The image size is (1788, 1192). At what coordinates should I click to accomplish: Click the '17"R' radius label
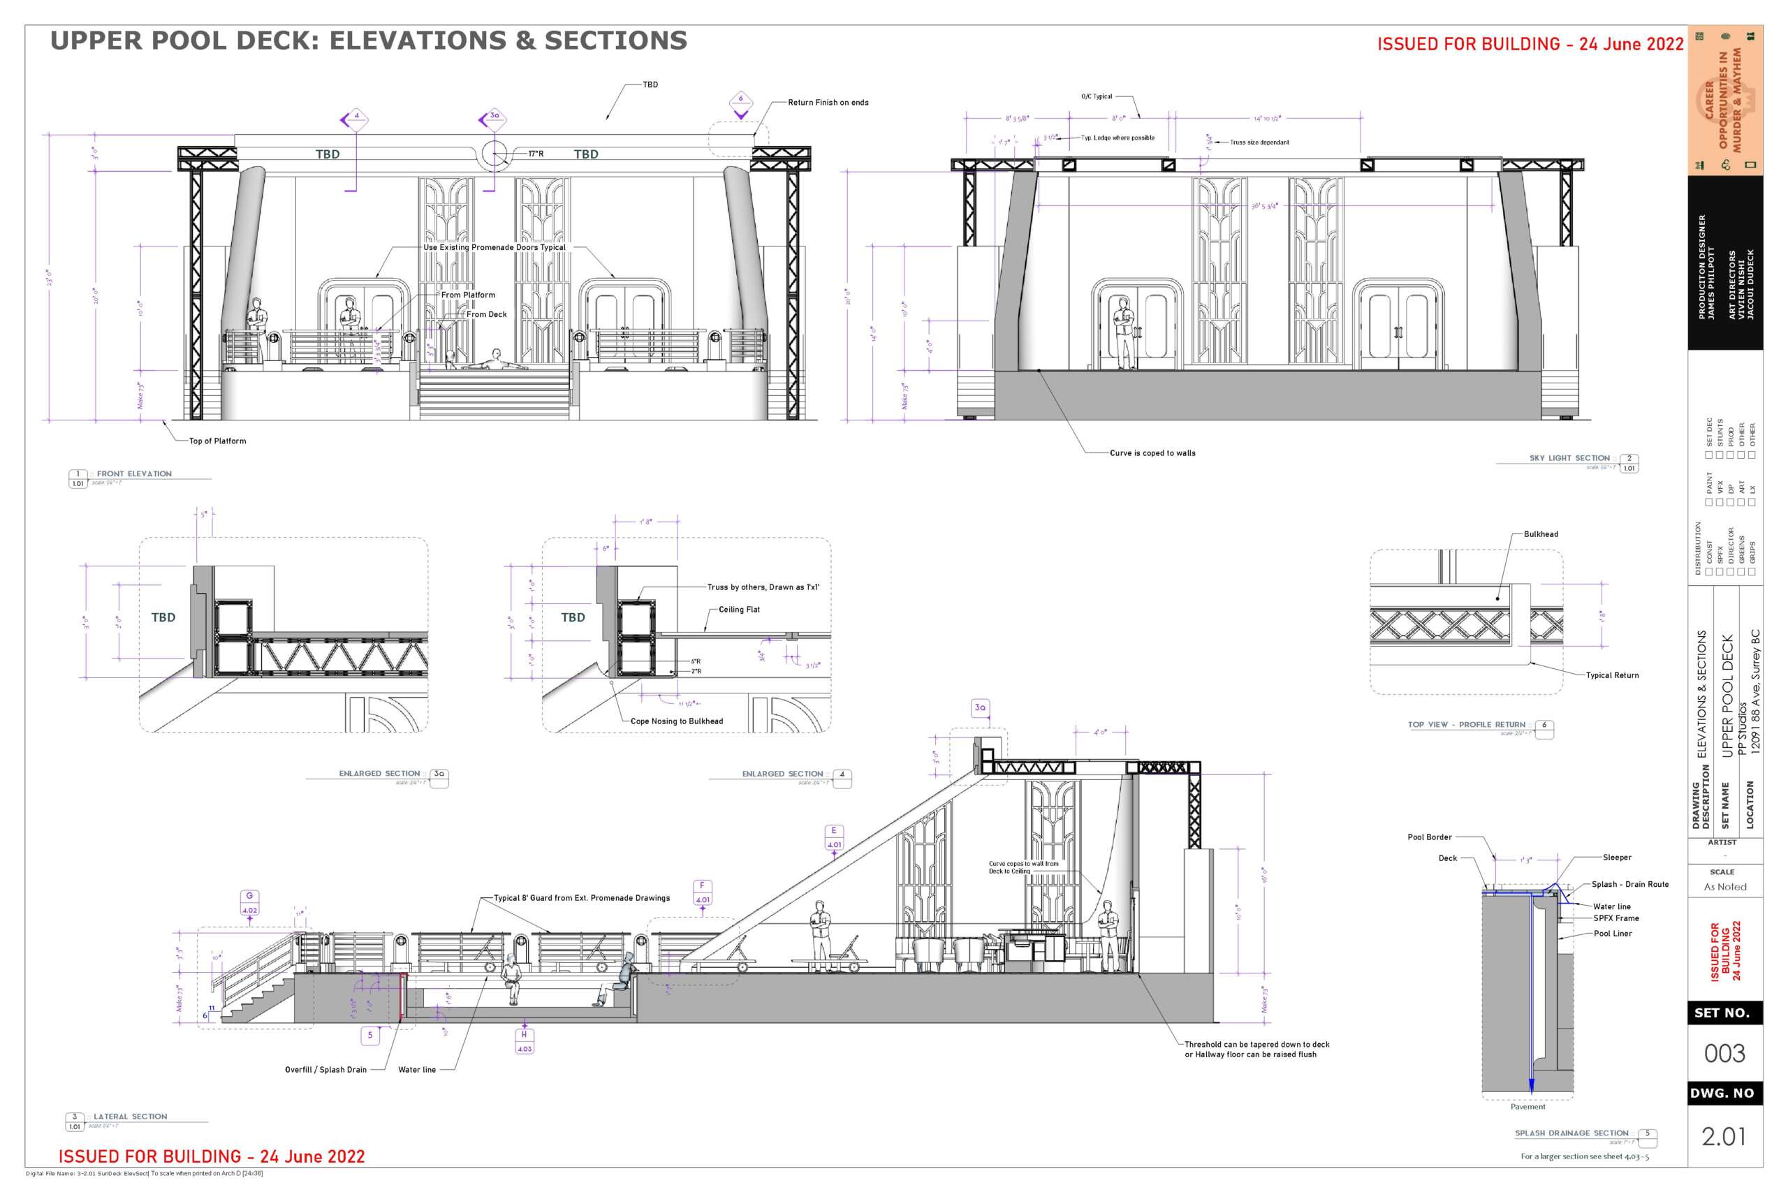click(536, 154)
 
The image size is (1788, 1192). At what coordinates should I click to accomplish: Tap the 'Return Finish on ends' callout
click(828, 103)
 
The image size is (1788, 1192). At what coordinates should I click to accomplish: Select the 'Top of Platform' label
click(217, 441)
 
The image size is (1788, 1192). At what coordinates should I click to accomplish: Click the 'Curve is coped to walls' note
click(1152, 453)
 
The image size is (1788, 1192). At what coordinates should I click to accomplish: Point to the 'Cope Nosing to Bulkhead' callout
click(677, 721)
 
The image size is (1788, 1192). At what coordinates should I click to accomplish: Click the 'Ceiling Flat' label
click(739, 610)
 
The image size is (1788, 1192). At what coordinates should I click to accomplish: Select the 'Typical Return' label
click(1611, 675)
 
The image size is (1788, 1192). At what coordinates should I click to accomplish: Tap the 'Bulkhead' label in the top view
click(1541, 534)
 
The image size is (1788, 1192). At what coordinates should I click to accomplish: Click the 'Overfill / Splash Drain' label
click(325, 1070)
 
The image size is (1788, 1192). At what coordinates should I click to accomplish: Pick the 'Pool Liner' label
click(1613, 934)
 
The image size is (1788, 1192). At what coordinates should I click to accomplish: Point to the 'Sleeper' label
click(1617, 858)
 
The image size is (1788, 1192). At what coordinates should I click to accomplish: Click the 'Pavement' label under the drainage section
click(1527, 1107)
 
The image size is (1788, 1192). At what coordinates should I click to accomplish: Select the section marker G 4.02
click(249, 902)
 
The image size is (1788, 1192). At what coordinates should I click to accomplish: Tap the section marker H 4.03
click(525, 1041)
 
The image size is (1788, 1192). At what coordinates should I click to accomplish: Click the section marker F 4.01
click(703, 892)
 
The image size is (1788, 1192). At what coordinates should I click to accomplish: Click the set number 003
click(1725, 1054)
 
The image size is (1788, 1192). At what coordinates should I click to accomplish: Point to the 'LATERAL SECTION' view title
click(130, 1117)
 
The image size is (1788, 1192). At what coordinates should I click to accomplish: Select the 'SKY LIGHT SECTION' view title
click(1569, 458)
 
